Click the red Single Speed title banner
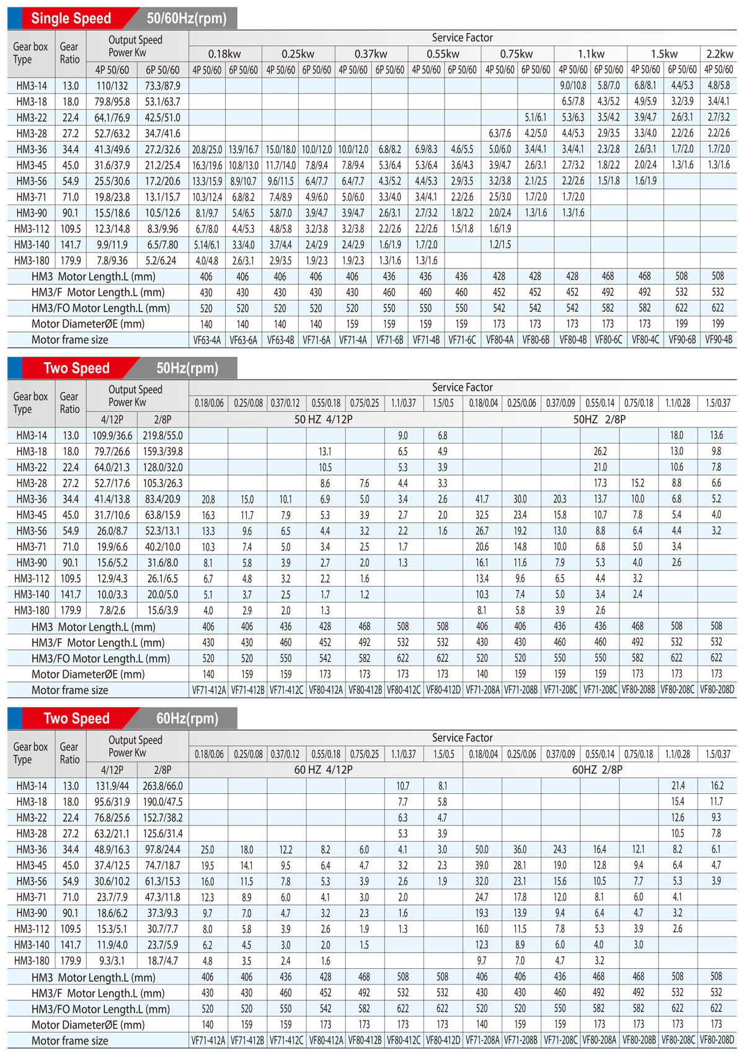pos(71,19)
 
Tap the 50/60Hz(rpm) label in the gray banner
pos(187,19)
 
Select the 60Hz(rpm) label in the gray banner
pos(187,718)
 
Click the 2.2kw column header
pos(719,54)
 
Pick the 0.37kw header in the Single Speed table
pos(371,54)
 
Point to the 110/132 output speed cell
pos(112,86)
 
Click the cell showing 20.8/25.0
pos(206,149)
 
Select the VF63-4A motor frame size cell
pos(206,340)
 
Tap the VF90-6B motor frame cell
pos(682,340)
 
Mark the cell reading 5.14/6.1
pos(206,244)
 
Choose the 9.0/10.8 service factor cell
pos(573,85)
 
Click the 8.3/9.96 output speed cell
pos(162,229)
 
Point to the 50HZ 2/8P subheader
pos(599,419)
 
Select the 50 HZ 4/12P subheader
pos(324,419)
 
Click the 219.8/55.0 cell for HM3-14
pos(162,435)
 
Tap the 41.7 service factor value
pos(482,499)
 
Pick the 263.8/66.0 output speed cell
pos(162,786)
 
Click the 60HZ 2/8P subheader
pos(597,770)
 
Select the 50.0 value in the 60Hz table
pos(482,849)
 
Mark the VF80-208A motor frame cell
pos(599,1039)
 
